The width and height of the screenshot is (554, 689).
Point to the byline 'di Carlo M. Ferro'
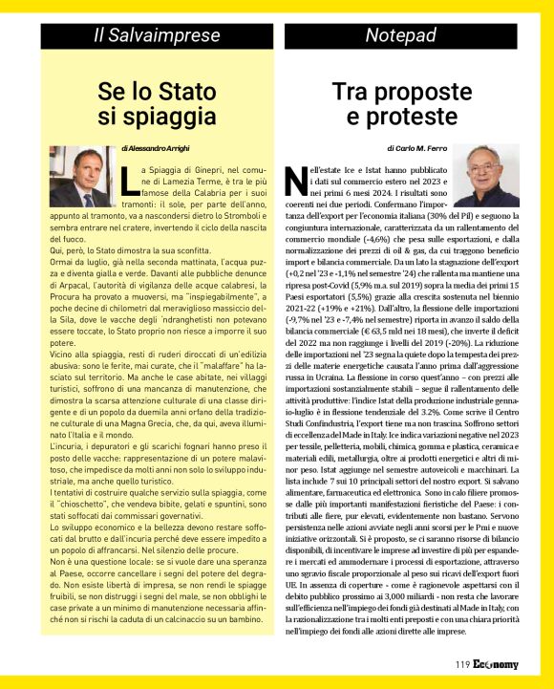418,149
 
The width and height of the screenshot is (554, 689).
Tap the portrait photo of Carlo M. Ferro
487,177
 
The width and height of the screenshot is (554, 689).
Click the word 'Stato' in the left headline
187,93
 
